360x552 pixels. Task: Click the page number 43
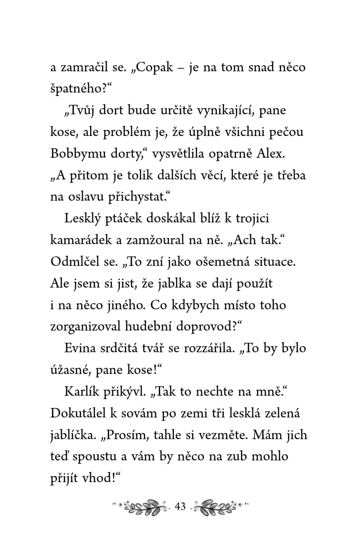click(180, 507)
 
